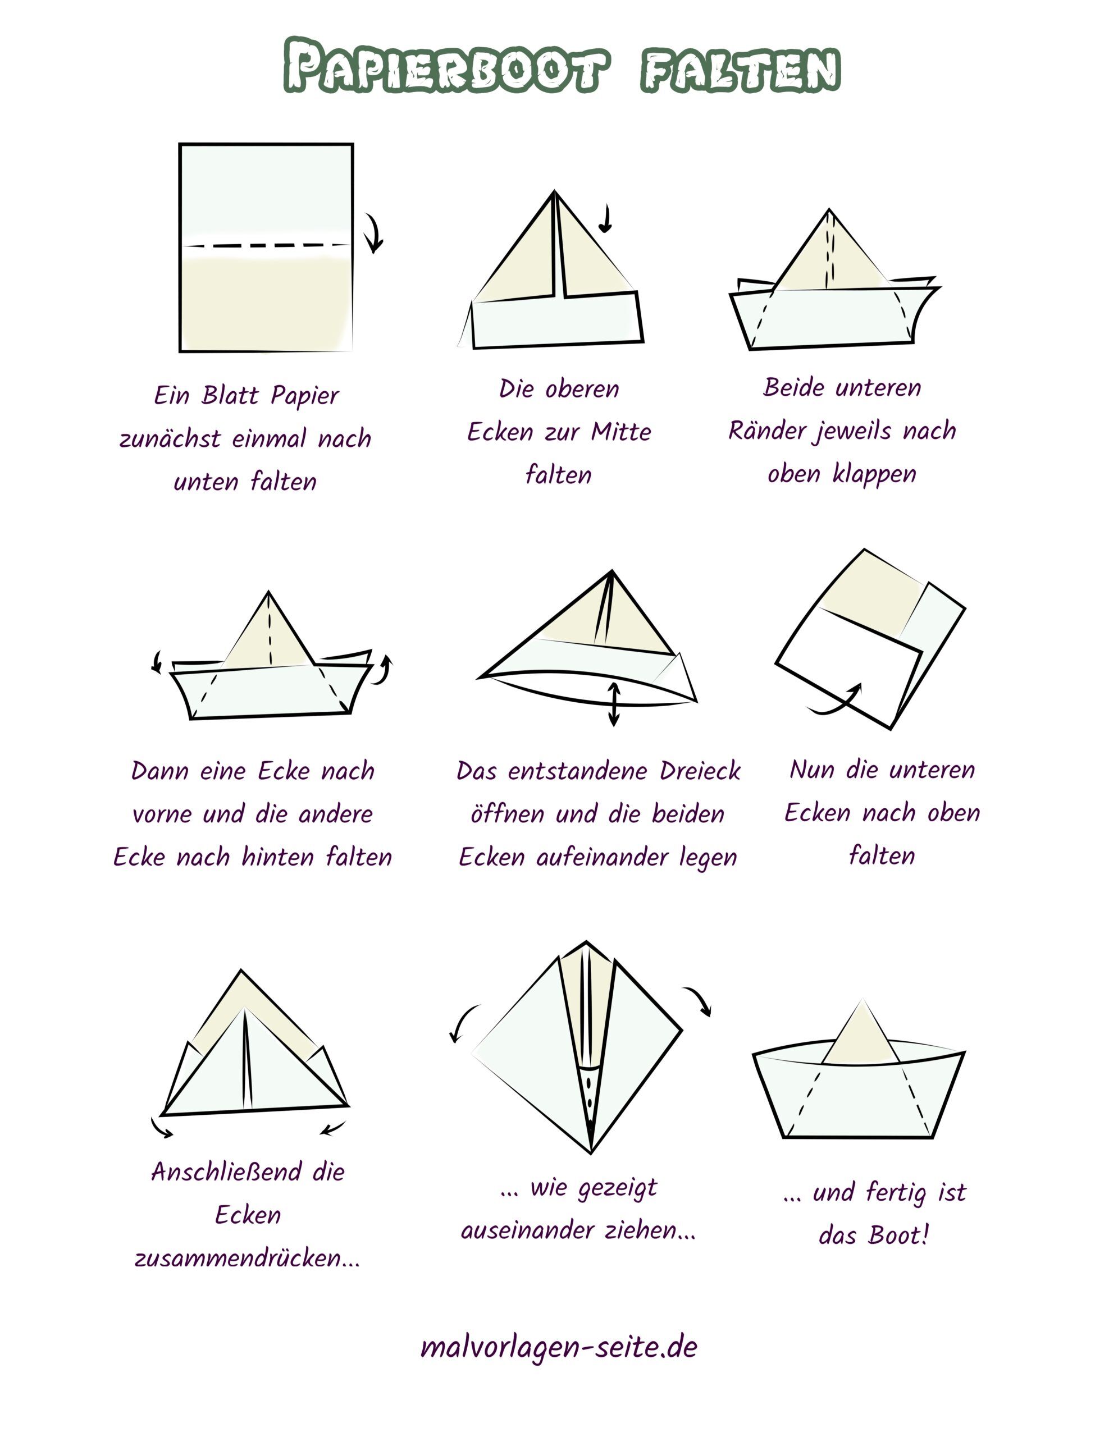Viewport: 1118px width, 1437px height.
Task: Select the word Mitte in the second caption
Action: click(x=620, y=432)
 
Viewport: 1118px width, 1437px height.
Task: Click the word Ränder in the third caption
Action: click(x=765, y=431)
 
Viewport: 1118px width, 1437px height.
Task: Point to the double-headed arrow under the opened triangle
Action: click(x=613, y=704)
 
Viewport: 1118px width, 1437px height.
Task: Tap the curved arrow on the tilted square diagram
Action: click(x=836, y=702)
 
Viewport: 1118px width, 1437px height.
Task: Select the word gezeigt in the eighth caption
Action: click(x=617, y=1189)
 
